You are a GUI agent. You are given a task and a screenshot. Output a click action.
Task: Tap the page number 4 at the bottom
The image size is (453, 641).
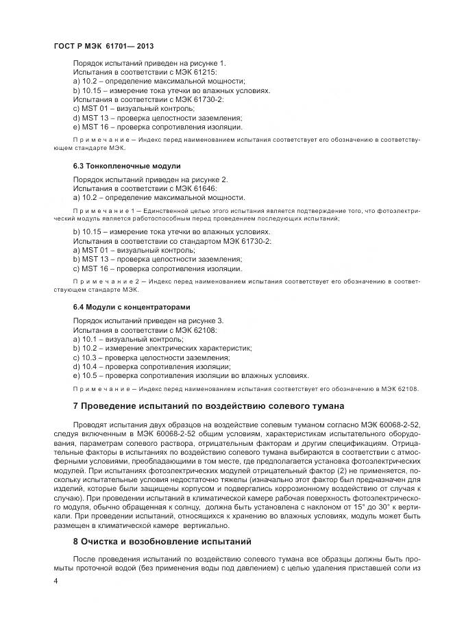coord(56,581)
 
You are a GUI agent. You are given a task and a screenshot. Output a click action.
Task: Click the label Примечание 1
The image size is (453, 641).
coord(98,212)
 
